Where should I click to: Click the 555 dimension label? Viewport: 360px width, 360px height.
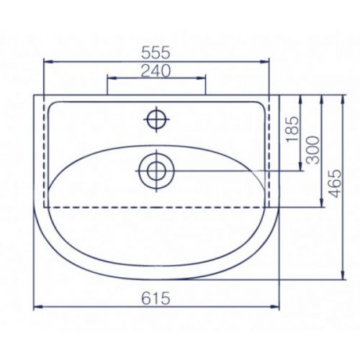pyautogui.click(x=156, y=53)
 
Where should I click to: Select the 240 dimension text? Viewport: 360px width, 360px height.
pyautogui.click(x=156, y=71)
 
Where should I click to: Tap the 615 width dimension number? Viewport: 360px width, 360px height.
pyautogui.click(x=156, y=298)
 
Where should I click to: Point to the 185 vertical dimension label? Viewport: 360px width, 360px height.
pyautogui.click(x=293, y=130)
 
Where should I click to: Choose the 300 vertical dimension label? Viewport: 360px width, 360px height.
pyautogui.click(x=314, y=150)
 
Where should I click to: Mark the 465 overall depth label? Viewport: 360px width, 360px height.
pyautogui.click(x=334, y=184)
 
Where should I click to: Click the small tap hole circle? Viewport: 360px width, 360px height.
pyautogui.click(x=156, y=119)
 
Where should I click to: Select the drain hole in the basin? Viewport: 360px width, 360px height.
pyautogui.click(x=156, y=171)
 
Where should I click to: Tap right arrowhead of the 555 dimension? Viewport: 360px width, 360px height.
pyautogui.click(x=264, y=62)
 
